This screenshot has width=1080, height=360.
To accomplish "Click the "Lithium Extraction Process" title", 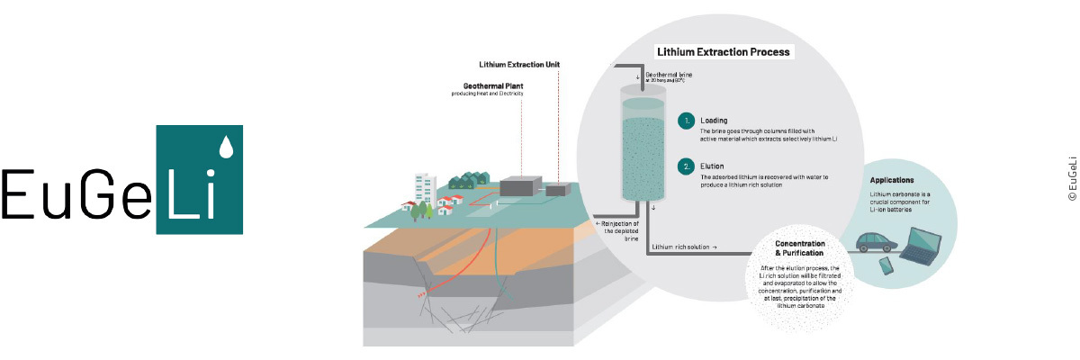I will [x=724, y=52].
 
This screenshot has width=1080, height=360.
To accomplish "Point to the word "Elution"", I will [x=713, y=165].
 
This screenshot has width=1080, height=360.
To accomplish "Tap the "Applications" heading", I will [x=892, y=180].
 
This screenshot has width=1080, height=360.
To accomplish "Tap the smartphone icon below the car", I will [x=885, y=265].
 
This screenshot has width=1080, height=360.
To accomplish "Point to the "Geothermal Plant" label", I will [x=487, y=87].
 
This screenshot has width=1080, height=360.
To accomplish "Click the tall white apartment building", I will [x=426, y=189].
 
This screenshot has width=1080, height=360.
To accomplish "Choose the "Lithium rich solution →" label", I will [x=685, y=247].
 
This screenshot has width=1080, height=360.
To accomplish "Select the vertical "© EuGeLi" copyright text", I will [x=1071, y=178].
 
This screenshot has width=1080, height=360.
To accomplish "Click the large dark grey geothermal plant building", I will [x=522, y=187].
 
